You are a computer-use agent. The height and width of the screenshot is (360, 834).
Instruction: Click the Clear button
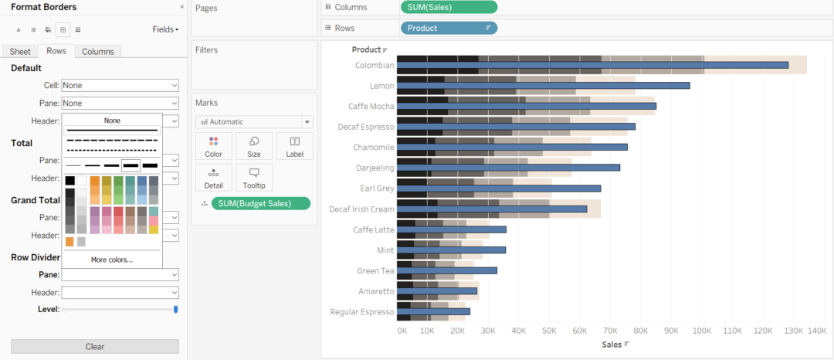(x=95, y=346)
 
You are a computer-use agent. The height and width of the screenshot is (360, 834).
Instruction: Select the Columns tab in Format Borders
(x=98, y=51)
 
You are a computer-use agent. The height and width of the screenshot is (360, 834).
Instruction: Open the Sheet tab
(x=20, y=51)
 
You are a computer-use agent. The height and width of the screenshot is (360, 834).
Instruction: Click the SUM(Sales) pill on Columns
(x=449, y=7)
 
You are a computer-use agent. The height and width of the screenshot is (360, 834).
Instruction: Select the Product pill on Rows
(x=449, y=28)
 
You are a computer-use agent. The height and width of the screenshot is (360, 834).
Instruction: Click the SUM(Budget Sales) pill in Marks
(x=260, y=203)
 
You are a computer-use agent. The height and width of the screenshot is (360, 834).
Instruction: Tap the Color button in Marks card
(x=214, y=146)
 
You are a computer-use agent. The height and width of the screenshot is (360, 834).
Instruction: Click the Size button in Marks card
(x=254, y=146)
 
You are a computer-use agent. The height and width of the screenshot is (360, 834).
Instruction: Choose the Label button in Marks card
(x=294, y=146)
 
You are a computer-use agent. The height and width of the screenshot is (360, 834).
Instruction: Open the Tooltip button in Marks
(x=254, y=178)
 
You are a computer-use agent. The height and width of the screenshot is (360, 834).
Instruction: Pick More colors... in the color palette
(x=112, y=260)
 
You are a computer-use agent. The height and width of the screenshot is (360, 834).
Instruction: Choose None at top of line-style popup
(x=113, y=121)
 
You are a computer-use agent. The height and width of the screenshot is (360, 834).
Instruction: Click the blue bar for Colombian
(x=592, y=65)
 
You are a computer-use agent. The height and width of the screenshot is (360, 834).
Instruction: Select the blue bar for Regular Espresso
(x=433, y=311)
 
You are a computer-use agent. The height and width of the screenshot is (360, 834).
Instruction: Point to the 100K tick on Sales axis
(x=701, y=331)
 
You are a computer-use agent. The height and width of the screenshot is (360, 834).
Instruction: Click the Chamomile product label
(x=374, y=147)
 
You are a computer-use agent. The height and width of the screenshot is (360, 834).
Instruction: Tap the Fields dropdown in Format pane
(x=165, y=29)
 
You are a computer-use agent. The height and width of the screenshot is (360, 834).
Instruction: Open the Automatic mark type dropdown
(x=254, y=121)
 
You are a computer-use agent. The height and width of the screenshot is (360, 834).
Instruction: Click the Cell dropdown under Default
(x=120, y=85)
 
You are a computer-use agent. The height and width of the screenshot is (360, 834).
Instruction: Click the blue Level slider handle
(x=176, y=309)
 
